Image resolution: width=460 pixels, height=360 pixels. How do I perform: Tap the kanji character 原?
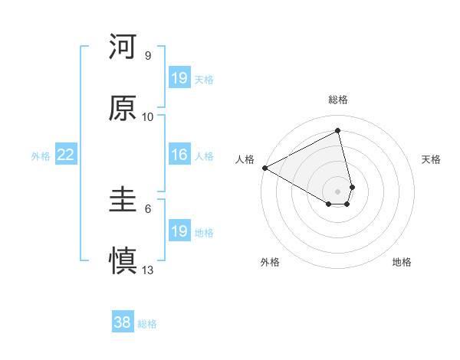click(123, 109)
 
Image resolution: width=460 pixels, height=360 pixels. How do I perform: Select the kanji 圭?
click(123, 201)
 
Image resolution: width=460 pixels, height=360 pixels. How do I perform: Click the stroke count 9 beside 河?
click(148, 56)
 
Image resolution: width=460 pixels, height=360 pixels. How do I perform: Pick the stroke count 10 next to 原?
click(148, 116)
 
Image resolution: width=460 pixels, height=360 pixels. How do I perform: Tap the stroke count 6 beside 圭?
click(148, 208)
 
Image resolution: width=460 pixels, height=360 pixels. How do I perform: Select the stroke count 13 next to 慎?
click(148, 270)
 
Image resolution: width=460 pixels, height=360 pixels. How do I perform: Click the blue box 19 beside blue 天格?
click(179, 78)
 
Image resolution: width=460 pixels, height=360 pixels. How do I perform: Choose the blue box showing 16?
click(179, 155)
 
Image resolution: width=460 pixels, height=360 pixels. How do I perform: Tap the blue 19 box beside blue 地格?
click(179, 231)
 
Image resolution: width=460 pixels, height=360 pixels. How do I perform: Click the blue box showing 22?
click(65, 155)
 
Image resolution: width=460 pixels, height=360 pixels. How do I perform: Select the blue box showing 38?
click(123, 322)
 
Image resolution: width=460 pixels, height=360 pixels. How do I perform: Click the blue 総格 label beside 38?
click(147, 324)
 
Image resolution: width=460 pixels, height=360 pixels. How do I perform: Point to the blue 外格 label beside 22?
click(41, 156)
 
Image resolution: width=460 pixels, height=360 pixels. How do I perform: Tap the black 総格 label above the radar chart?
click(338, 100)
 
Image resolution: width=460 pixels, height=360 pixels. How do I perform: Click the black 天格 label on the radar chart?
click(431, 159)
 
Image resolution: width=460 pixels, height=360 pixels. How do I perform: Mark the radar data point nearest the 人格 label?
click(264, 168)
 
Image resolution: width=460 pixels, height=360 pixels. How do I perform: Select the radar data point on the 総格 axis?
click(338, 131)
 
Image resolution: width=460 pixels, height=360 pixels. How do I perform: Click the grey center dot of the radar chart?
click(338, 191)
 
